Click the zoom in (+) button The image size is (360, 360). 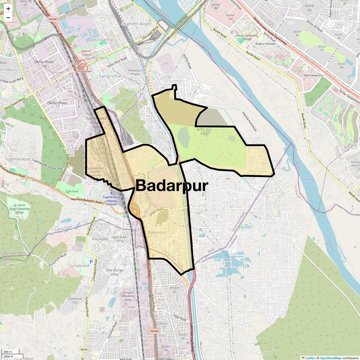pyautogui.click(x=8, y=9)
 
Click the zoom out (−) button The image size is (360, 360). pyautogui.click(x=8, y=17)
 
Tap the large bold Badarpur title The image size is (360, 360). pyautogui.click(x=172, y=186)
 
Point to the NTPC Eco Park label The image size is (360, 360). pyautogui.click(x=204, y=131)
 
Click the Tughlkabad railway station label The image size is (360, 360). pyautogui.click(x=111, y=201)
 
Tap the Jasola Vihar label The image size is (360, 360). pyautogui.click(x=103, y=39)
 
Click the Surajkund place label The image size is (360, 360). pyautogui.click(x=79, y=265)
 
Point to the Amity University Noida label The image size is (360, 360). pyautogui.click(x=247, y=37)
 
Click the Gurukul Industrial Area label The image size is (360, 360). pyautogui.click(x=128, y=296)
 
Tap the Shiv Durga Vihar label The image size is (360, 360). pyautogui.click(x=115, y=272)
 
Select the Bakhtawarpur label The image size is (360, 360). pyautogui.click(x=313, y=75)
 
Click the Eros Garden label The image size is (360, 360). pyautogui.click(x=100, y=239)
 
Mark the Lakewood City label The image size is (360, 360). pyautogui.click(x=75, y=300)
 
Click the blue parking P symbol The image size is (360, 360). pyautogui.click(x=91, y=262)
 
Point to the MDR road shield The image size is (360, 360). pyautogui.click(x=84, y=349)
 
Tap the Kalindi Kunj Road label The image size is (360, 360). pyautogui.click(x=250, y=121)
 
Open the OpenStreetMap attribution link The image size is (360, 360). pyautogui.click(x=330, y=358)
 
